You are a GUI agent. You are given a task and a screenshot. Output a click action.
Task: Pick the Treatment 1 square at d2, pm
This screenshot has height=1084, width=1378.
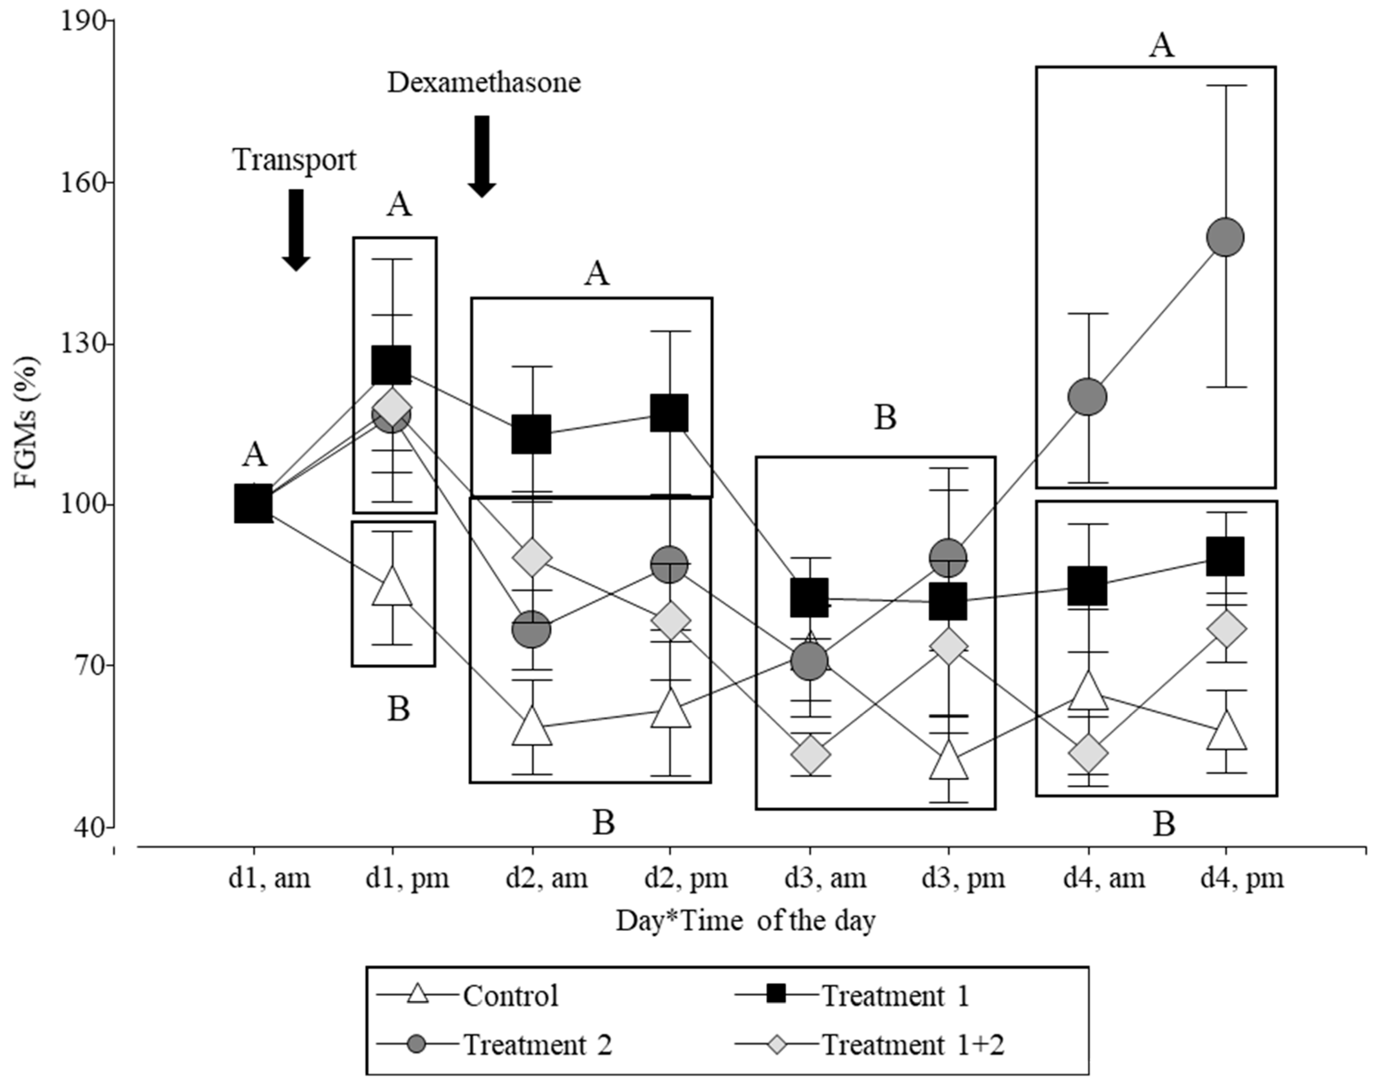[x=669, y=412]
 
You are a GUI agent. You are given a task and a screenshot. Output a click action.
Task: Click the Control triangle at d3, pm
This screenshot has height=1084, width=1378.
[x=949, y=760]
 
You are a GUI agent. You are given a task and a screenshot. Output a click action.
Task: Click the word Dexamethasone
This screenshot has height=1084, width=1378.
[x=484, y=83]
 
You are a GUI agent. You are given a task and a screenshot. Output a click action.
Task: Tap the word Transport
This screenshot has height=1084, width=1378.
[x=294, y=160]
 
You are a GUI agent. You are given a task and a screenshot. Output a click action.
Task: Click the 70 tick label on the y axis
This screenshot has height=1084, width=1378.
[x=85, y=666]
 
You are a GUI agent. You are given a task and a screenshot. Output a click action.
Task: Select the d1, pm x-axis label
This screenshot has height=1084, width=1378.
[x=407, y=879]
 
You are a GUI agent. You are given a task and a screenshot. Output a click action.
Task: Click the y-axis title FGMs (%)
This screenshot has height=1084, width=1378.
[x=27, y=422]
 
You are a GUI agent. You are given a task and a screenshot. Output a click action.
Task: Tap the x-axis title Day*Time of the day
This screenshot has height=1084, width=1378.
[x=746, y=921]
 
